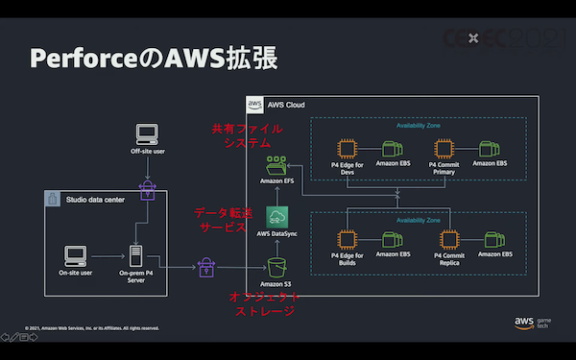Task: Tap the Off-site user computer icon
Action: (146, 133)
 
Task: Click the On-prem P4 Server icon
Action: (137, 255)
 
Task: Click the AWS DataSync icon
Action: (276, 216)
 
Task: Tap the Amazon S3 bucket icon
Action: (276, 265)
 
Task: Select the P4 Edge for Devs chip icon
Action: (346, 149)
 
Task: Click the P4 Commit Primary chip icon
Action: (444, 149)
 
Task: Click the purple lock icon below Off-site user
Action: (146, 188)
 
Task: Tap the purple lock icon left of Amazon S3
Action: (205, 268)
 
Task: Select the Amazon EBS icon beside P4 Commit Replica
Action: (494, 239)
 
